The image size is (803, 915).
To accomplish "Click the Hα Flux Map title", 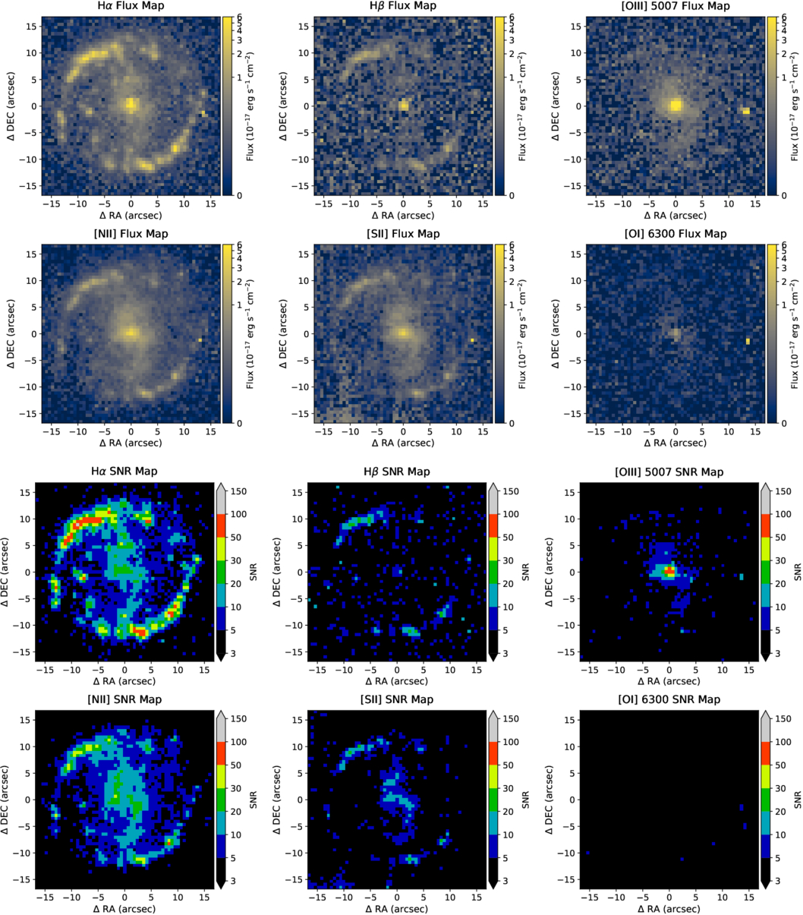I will pos(131,6).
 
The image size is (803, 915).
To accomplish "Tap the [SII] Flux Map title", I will pos(403,234).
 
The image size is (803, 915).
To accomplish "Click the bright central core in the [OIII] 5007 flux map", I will pos(675,106).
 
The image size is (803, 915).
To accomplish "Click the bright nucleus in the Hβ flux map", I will pos(404,106).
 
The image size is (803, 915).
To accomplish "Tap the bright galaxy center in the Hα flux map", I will pos(131,103).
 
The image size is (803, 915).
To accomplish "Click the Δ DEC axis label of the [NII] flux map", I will pos(11,333).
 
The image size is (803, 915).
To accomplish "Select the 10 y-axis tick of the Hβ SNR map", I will pos(301,519).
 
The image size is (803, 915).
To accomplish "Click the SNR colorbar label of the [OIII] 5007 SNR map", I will pos(797,567).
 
